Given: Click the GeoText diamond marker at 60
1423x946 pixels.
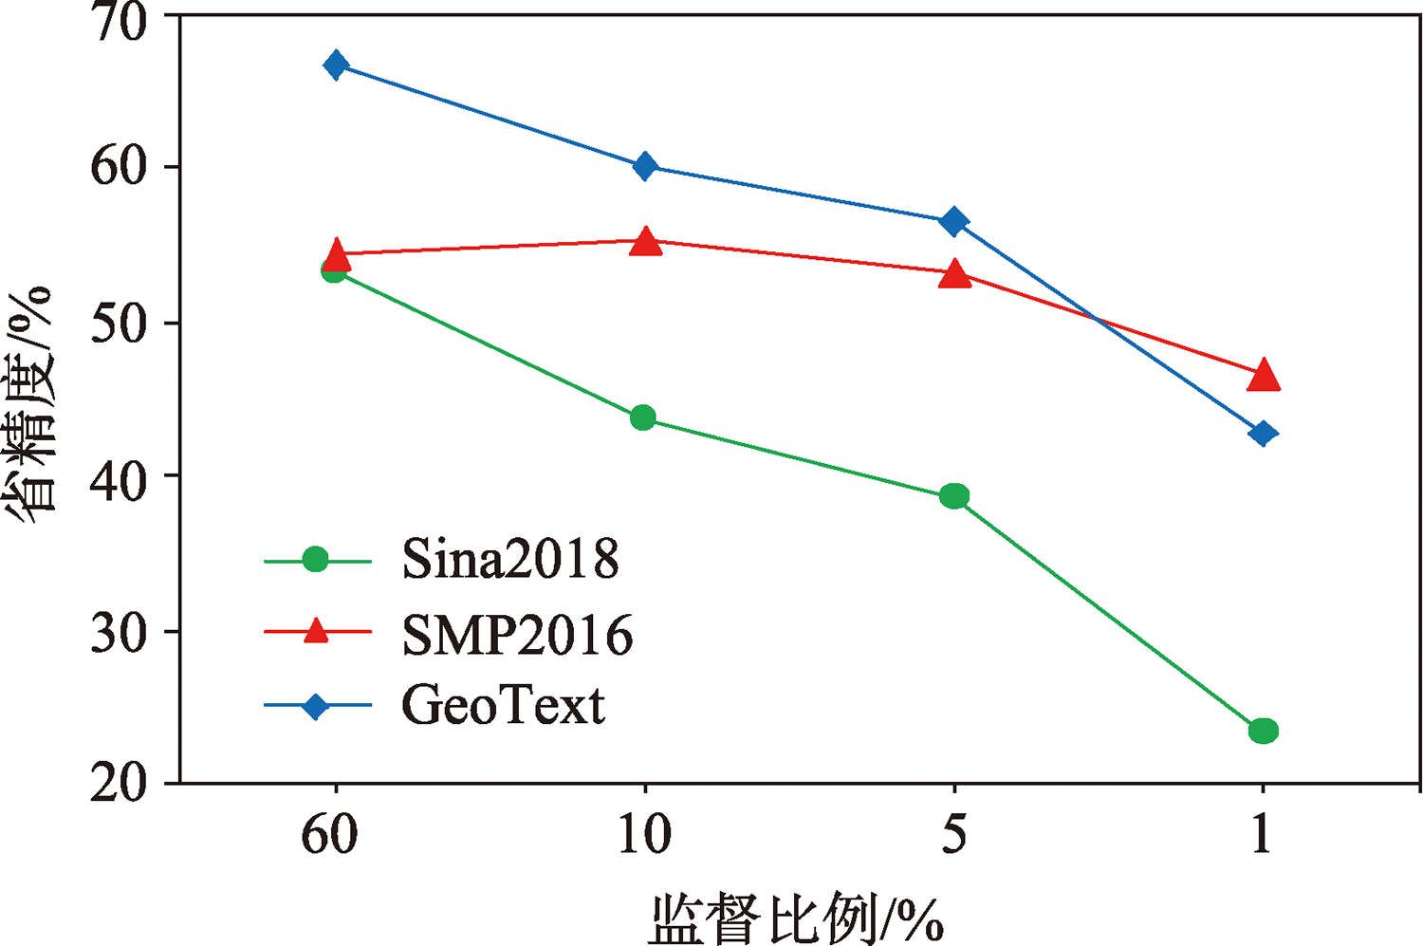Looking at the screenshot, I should click(x=335, y=65).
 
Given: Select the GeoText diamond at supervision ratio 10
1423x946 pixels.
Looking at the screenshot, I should click(x=645, y=167).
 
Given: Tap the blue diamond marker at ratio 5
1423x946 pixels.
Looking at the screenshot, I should click(x=953, y=222).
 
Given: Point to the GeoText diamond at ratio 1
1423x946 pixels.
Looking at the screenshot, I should click(x=1263, y=435).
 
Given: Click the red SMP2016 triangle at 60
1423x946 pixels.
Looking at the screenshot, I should click(x=336, y=254).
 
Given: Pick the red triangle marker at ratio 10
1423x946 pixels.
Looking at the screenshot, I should click(x=645, y=242).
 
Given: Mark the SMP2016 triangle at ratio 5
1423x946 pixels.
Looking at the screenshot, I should click(x=954, y=275).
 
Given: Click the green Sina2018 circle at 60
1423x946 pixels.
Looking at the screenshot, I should click(x=333, y=271).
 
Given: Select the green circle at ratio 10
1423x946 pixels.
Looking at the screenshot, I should click(x=643, y=417).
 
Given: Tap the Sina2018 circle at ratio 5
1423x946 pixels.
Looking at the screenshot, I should click(x=954, y=496).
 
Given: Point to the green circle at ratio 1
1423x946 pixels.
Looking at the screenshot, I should click(x=1264, y=731).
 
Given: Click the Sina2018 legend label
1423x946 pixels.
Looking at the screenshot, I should click(x=510, y=560).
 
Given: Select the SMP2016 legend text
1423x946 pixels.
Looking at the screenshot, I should click(x=517, y=635).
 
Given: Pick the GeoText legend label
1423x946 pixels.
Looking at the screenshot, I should click(x=503, y=706).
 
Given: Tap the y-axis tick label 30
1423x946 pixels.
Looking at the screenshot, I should click(x=120, y=633).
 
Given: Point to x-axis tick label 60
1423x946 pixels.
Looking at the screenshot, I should click(x=330, y=835).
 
